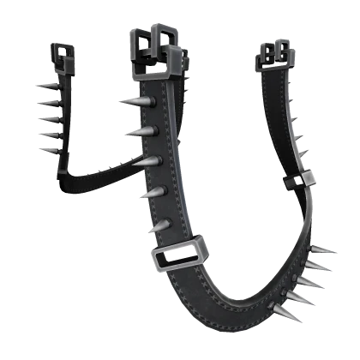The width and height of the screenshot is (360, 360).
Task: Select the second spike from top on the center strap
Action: (141, 132)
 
